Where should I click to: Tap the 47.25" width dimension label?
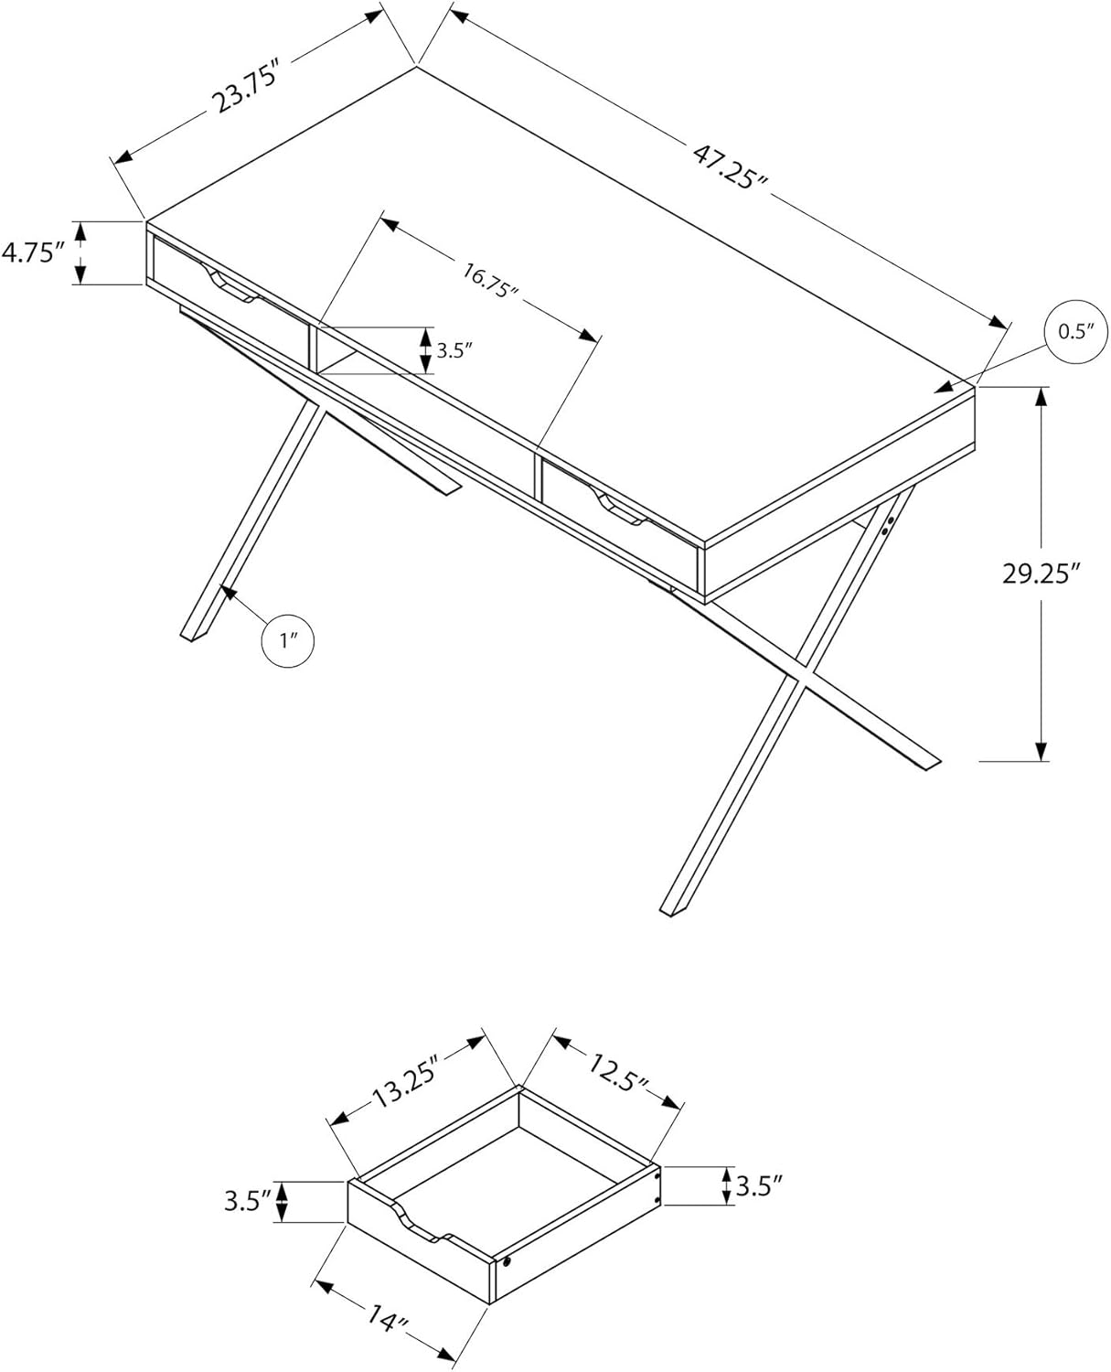[731, 166]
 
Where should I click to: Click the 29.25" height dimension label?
[1041, 573]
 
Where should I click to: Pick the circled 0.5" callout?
[1076, 332]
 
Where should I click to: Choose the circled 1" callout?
[288, 640]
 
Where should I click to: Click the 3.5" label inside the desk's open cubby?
[454, 350]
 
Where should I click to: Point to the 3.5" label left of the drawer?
[247, 1201]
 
